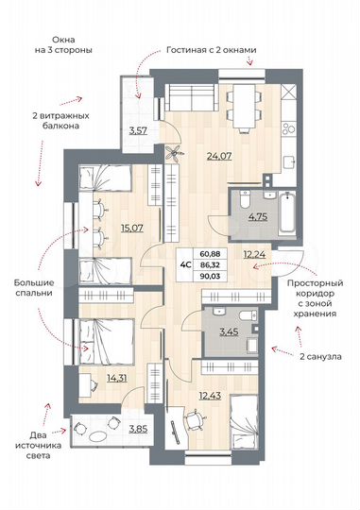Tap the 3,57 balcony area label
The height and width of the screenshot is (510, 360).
click(139, 129)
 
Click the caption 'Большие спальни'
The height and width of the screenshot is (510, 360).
click(32, 288)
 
